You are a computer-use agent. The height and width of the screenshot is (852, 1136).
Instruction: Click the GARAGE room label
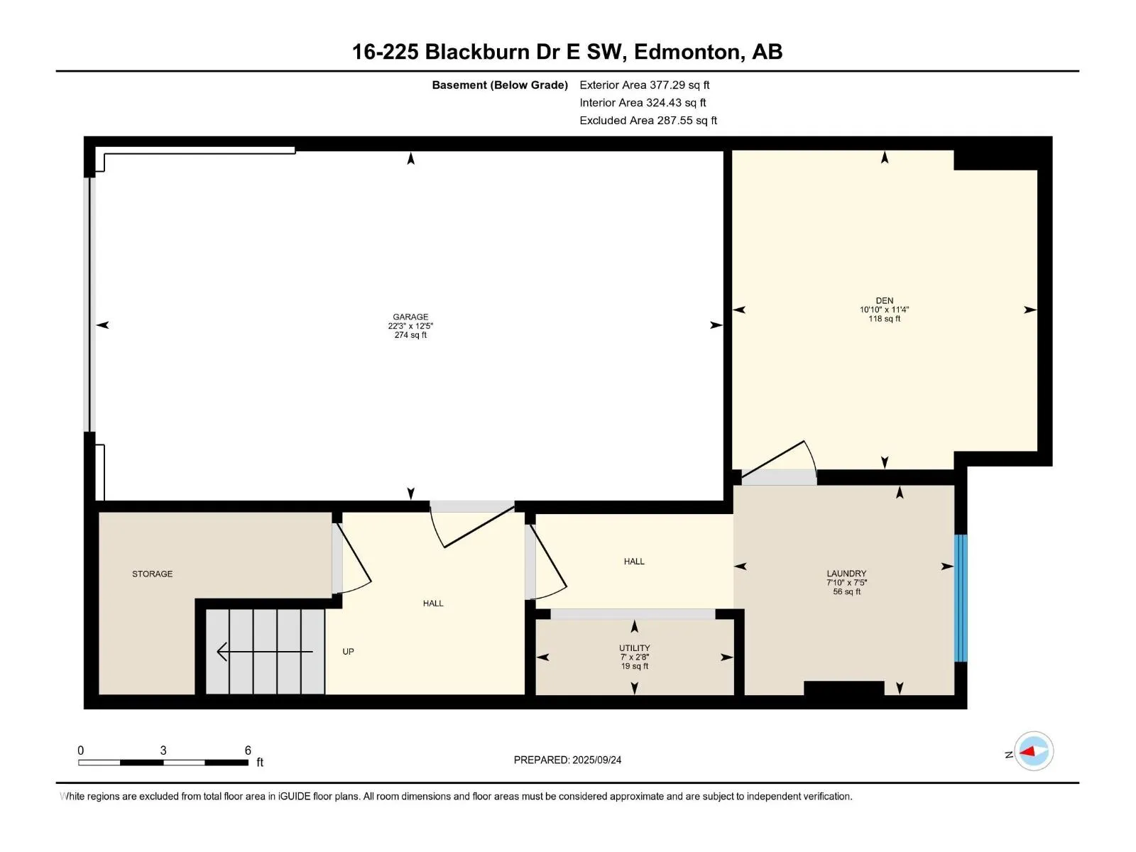click(x=410, y=317)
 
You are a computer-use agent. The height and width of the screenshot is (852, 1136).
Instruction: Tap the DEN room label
click(x=884, y=300)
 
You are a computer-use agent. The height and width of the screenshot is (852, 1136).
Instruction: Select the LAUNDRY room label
click(x=846, y=573)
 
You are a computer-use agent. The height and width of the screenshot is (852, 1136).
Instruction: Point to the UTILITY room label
click(x=634, y=648)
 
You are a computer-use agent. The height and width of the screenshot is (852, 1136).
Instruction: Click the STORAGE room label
click(x=152, y=574)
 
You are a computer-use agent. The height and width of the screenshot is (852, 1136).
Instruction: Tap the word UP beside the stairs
click(x=348, y=651)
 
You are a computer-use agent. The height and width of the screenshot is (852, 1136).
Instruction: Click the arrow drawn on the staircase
click(x=264, y=651)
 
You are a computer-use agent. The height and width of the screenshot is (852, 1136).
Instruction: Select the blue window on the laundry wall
click(x=960, y=598)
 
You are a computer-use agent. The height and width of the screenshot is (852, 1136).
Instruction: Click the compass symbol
click(x=1034, y=751)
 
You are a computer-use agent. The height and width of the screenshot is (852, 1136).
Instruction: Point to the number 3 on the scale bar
click(x=163, y=750)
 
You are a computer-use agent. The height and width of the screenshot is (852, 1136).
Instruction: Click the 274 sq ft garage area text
click(x=410, y=334)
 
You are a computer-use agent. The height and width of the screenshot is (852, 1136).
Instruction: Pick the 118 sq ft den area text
click(x=884, y=319)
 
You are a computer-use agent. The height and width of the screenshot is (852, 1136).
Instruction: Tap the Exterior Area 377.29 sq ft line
click(x=645, y=84)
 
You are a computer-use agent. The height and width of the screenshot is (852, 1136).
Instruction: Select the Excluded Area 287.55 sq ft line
click(x=648, y=121)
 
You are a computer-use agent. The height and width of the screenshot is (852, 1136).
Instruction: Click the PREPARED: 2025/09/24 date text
click(x=567, y=760)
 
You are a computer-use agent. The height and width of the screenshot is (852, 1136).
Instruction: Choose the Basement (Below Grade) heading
click(x=500, y=84)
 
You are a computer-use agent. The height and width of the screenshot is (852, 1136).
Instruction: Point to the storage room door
click(x=352, y=558)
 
